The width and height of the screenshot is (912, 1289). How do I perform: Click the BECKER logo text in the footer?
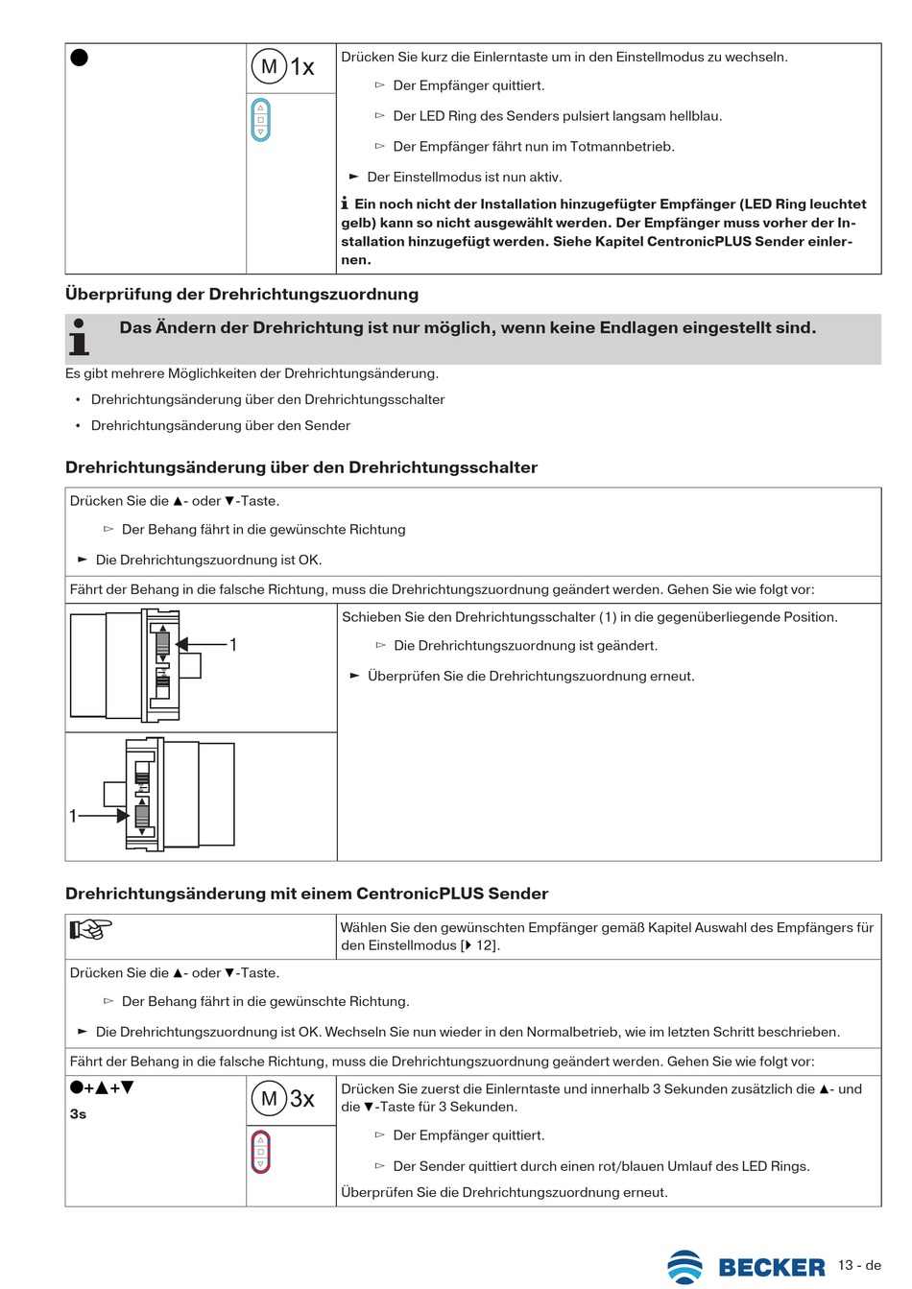(x=771, y=1267)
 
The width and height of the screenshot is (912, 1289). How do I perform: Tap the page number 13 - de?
(x=859, y=1265)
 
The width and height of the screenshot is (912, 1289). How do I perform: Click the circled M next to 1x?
(x=269, y=66)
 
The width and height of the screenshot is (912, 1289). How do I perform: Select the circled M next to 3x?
(x=269, y=1098)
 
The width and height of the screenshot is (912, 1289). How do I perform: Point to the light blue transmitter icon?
(x=260, y=120)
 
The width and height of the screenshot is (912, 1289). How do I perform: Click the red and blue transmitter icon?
(x=260, y=1152)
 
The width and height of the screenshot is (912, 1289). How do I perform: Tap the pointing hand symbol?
(x=91, y=928)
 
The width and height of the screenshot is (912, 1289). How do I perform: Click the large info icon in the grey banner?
(x=80, y=338)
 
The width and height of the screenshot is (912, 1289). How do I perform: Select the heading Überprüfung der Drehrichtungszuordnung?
(x=242, y=294)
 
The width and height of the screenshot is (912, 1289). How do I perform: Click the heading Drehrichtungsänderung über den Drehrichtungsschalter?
(x=301, y=467)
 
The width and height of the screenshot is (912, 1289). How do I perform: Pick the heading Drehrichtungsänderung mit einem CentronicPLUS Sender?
(x=306, y=894)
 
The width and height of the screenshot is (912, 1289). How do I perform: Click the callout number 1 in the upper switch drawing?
(x=232, y=645)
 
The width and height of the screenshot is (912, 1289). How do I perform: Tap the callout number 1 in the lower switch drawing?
(x=73, y=816)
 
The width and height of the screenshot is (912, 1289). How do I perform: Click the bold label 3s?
(x=78, y=1114)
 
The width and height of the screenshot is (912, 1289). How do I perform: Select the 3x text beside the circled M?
(x=302, y=1099)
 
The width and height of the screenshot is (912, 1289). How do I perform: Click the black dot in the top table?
(x=80, y=57)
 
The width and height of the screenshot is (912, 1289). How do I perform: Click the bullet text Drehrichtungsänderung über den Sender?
(x=220, y=425)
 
